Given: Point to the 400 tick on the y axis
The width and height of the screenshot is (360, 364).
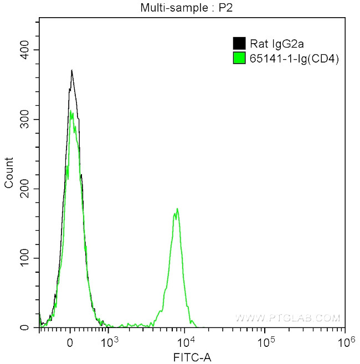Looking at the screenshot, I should coord(24,50).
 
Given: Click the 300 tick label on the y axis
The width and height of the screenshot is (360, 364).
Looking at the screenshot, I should coord(24,119).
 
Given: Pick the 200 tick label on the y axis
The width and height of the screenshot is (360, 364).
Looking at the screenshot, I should coord(24,189).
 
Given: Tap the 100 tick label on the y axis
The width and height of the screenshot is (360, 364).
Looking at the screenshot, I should coord(24,258).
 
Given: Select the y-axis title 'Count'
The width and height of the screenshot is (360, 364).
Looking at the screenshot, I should coord(9,173).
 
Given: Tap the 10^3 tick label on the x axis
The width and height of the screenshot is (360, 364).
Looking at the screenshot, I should coord(110,341).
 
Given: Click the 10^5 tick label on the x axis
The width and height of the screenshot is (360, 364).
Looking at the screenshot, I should coord(268,341).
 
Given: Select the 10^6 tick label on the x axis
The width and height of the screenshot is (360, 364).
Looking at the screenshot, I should coord(345,341).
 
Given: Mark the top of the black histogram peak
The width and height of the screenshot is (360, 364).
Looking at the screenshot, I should coord(71,70).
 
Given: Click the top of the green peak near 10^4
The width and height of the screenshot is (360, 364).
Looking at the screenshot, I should coord(177,209).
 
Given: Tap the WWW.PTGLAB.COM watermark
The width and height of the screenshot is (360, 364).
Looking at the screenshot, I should coord(287,318).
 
